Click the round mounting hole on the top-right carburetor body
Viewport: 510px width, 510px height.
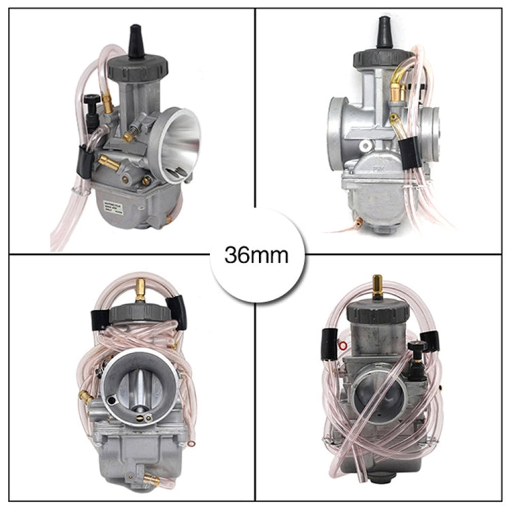366,146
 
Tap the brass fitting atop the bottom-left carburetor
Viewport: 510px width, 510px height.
141,290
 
